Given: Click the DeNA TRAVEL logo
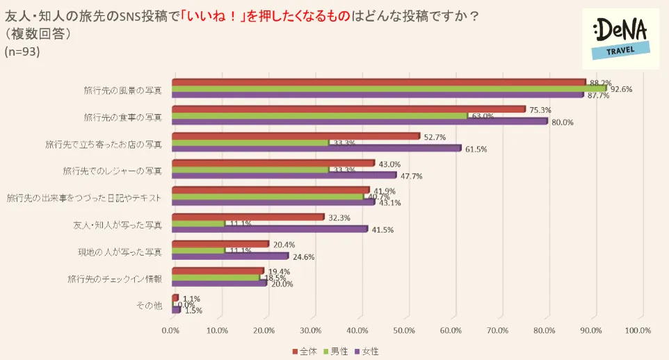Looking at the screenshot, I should click(620, 38).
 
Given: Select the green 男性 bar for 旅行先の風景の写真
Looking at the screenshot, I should click(389, 89).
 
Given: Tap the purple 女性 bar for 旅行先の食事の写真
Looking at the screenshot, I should click(359, 122).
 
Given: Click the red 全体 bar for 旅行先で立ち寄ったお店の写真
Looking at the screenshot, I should click(296, 136).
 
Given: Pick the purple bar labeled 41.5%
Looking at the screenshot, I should click(269, 229).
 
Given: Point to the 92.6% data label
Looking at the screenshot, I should click(622, 89).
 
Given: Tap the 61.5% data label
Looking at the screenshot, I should click(475, 149).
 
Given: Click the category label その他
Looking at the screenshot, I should click(151, 305).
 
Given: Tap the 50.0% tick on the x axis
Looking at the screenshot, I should click(404, 331).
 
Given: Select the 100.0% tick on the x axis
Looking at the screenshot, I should click(638, 331).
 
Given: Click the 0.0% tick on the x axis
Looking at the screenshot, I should click(171, 331).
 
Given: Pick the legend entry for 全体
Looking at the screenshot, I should click(305, 351).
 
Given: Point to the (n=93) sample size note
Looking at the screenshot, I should click(22, 51).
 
